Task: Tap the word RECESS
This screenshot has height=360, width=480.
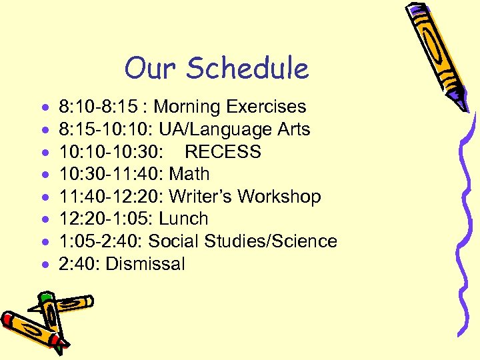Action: click(x=223, y=151)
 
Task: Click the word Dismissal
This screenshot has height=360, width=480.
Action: click(x=145, y=264)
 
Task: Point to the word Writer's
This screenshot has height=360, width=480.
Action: click(x=199, y=197)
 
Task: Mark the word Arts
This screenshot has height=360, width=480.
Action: click(x=293, y=129)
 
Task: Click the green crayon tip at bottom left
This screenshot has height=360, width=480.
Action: click(x=45, y=299)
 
